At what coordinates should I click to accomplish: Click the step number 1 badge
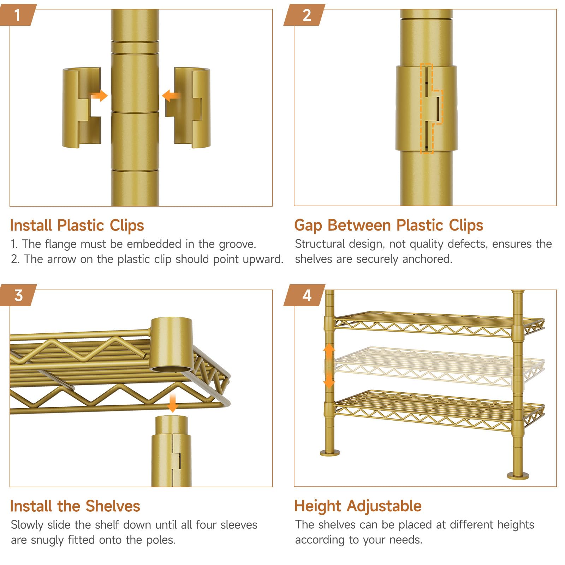(x=18, y=15)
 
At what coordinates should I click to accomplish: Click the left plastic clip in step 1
(x=82, y=107)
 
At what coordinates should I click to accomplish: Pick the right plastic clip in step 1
(x=188, y=107)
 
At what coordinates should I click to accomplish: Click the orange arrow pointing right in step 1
(x=99, y=96)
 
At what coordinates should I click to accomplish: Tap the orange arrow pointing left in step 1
(x=171, y=96)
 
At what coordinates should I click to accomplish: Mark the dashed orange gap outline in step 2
(x=431, y=108)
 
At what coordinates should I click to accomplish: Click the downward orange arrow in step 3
(x=172, y=403)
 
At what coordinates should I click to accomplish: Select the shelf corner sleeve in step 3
(x=172, y=345)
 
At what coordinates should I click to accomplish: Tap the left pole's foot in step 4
(x=330, y=452)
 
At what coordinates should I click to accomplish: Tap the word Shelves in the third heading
(x=113, y=506)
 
